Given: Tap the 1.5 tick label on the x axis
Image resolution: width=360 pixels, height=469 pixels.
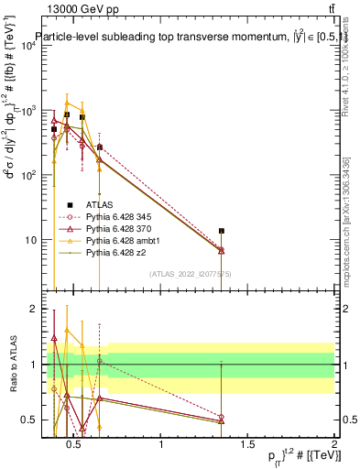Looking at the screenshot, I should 247,445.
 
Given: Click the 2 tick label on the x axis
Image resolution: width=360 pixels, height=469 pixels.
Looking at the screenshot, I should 333,445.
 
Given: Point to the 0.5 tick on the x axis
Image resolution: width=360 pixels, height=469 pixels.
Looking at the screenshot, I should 75,445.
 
